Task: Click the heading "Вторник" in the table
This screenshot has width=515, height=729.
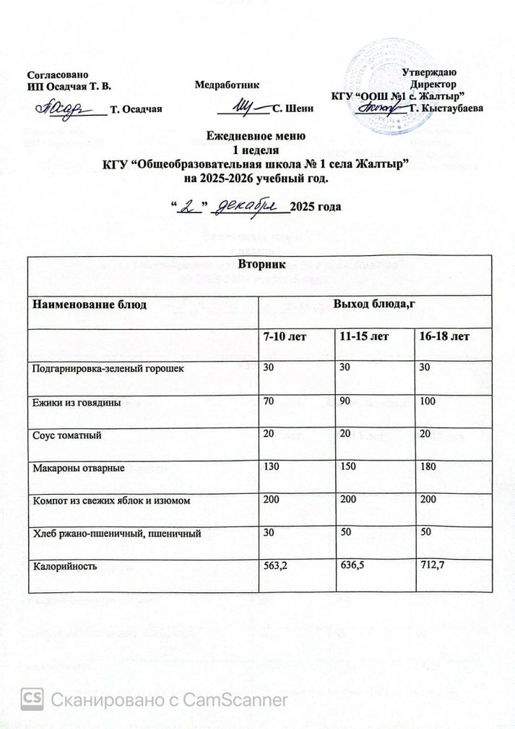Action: coord(258,265)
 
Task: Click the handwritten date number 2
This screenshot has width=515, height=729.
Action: coord(190,207)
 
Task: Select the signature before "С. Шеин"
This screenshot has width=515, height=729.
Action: coord(243,107)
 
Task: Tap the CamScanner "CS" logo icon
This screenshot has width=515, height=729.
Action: coord(34,698)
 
